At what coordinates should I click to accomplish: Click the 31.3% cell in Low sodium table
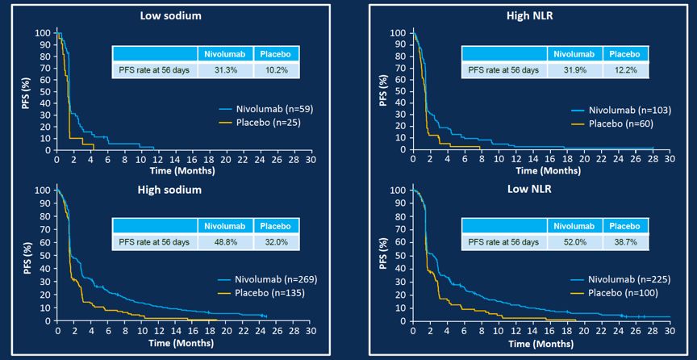(x=225, y=70)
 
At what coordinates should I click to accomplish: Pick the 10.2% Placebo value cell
(x=276, y=70)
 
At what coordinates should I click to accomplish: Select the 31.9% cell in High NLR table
(x=572, y=70)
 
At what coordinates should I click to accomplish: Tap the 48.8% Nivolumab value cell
(x=225, y=241)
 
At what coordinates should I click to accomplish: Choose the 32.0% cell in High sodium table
(x=276, y=241)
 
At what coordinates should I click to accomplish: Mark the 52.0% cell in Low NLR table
(x=572, y=241)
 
